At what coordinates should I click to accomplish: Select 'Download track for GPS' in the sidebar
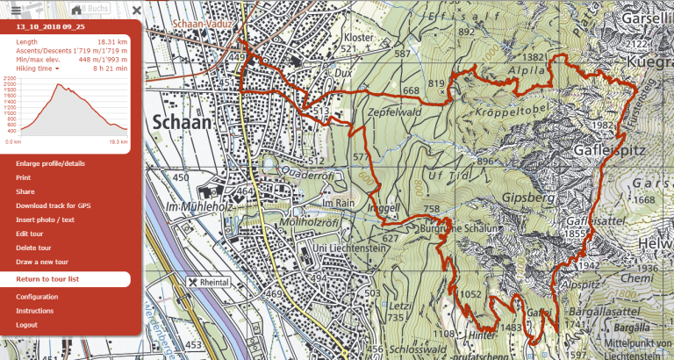pyautogui.click(x=53, y=205)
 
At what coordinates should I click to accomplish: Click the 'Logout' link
pyautogui.click(x=26, y=325)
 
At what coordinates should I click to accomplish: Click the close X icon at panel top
pyautogui.click(x=136, y=10)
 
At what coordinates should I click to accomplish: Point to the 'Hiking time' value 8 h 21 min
pyautogui.click(x=111, y=68)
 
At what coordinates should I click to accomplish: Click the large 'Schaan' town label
pyautogui.click(x=183, y=122)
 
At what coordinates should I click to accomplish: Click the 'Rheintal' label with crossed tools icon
pyautogui.click(x=208, y=282)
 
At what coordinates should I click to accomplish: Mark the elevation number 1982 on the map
pyautogui.click(x=603, y=126)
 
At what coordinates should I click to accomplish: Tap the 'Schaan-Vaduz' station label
pyautogui.click(x=202, y=24)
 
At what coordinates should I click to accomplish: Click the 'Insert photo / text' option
pyautogui.click(x=46, y=220)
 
